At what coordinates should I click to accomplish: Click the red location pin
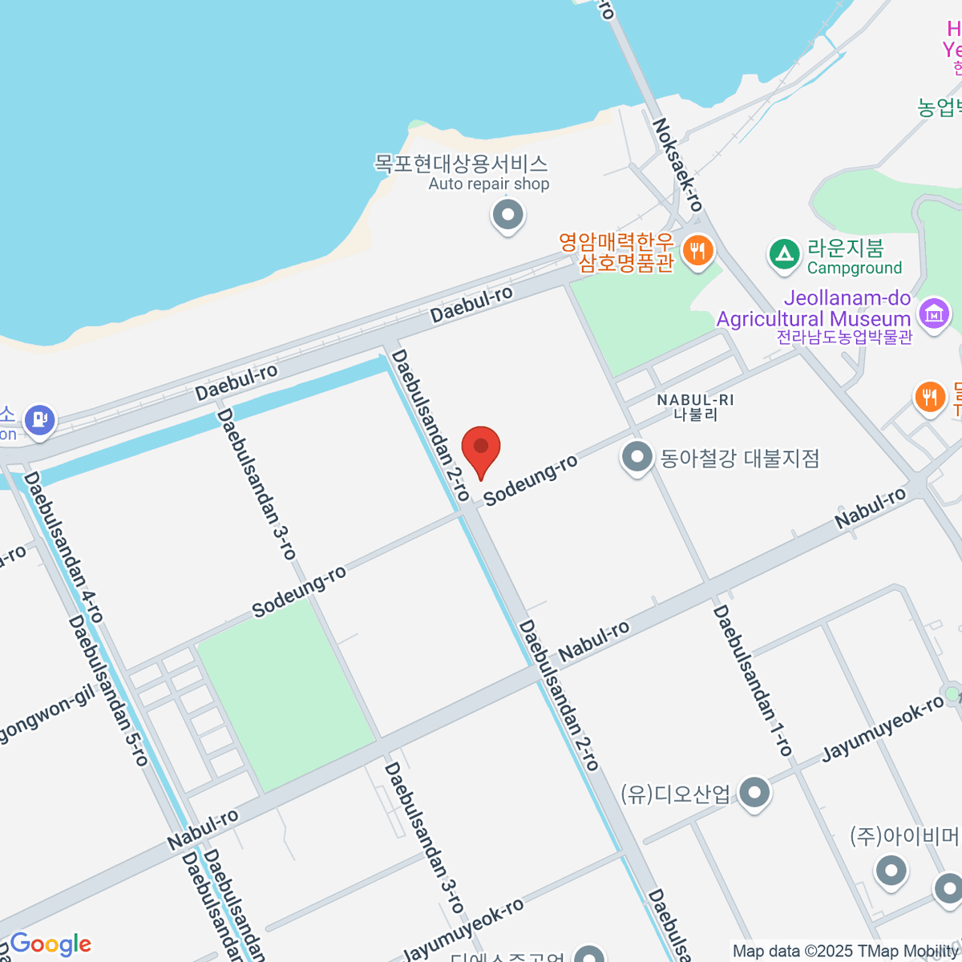pyautogui.click(x=481, y=447)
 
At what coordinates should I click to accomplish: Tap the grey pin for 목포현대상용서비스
pyautogui.click(x=507, y=215)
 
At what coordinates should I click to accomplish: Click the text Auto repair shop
pyautogui.click(x=488, y=184)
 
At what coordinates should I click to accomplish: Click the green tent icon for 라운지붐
pyautogui.click(x=784, y=255)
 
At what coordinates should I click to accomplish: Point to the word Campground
pyautogui.click(x=855, y=268)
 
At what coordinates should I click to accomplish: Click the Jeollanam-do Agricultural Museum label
pyautogui.click(x=814, y=309)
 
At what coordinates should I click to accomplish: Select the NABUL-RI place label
pyautogui.click(x=695, y=400)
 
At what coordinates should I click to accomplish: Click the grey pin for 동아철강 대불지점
pyautogui.click(x=637, y=458)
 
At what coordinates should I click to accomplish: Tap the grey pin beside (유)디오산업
pyautogui.click(x=754, y=793)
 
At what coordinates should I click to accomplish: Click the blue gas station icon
pyautogui.click(x=38, y=419)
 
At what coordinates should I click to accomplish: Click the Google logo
pyautogui.click(x=51, y=944)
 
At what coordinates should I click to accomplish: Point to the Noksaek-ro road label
pyautogui.click(x=677, y=164)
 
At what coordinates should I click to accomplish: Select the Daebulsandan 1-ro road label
pyautogui.click(x=753, y=681)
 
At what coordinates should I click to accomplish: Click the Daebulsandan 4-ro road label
pyautogui.click(x=63, y=547)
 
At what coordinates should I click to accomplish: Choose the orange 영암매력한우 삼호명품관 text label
pyautogui.click(x=617, y=252)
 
